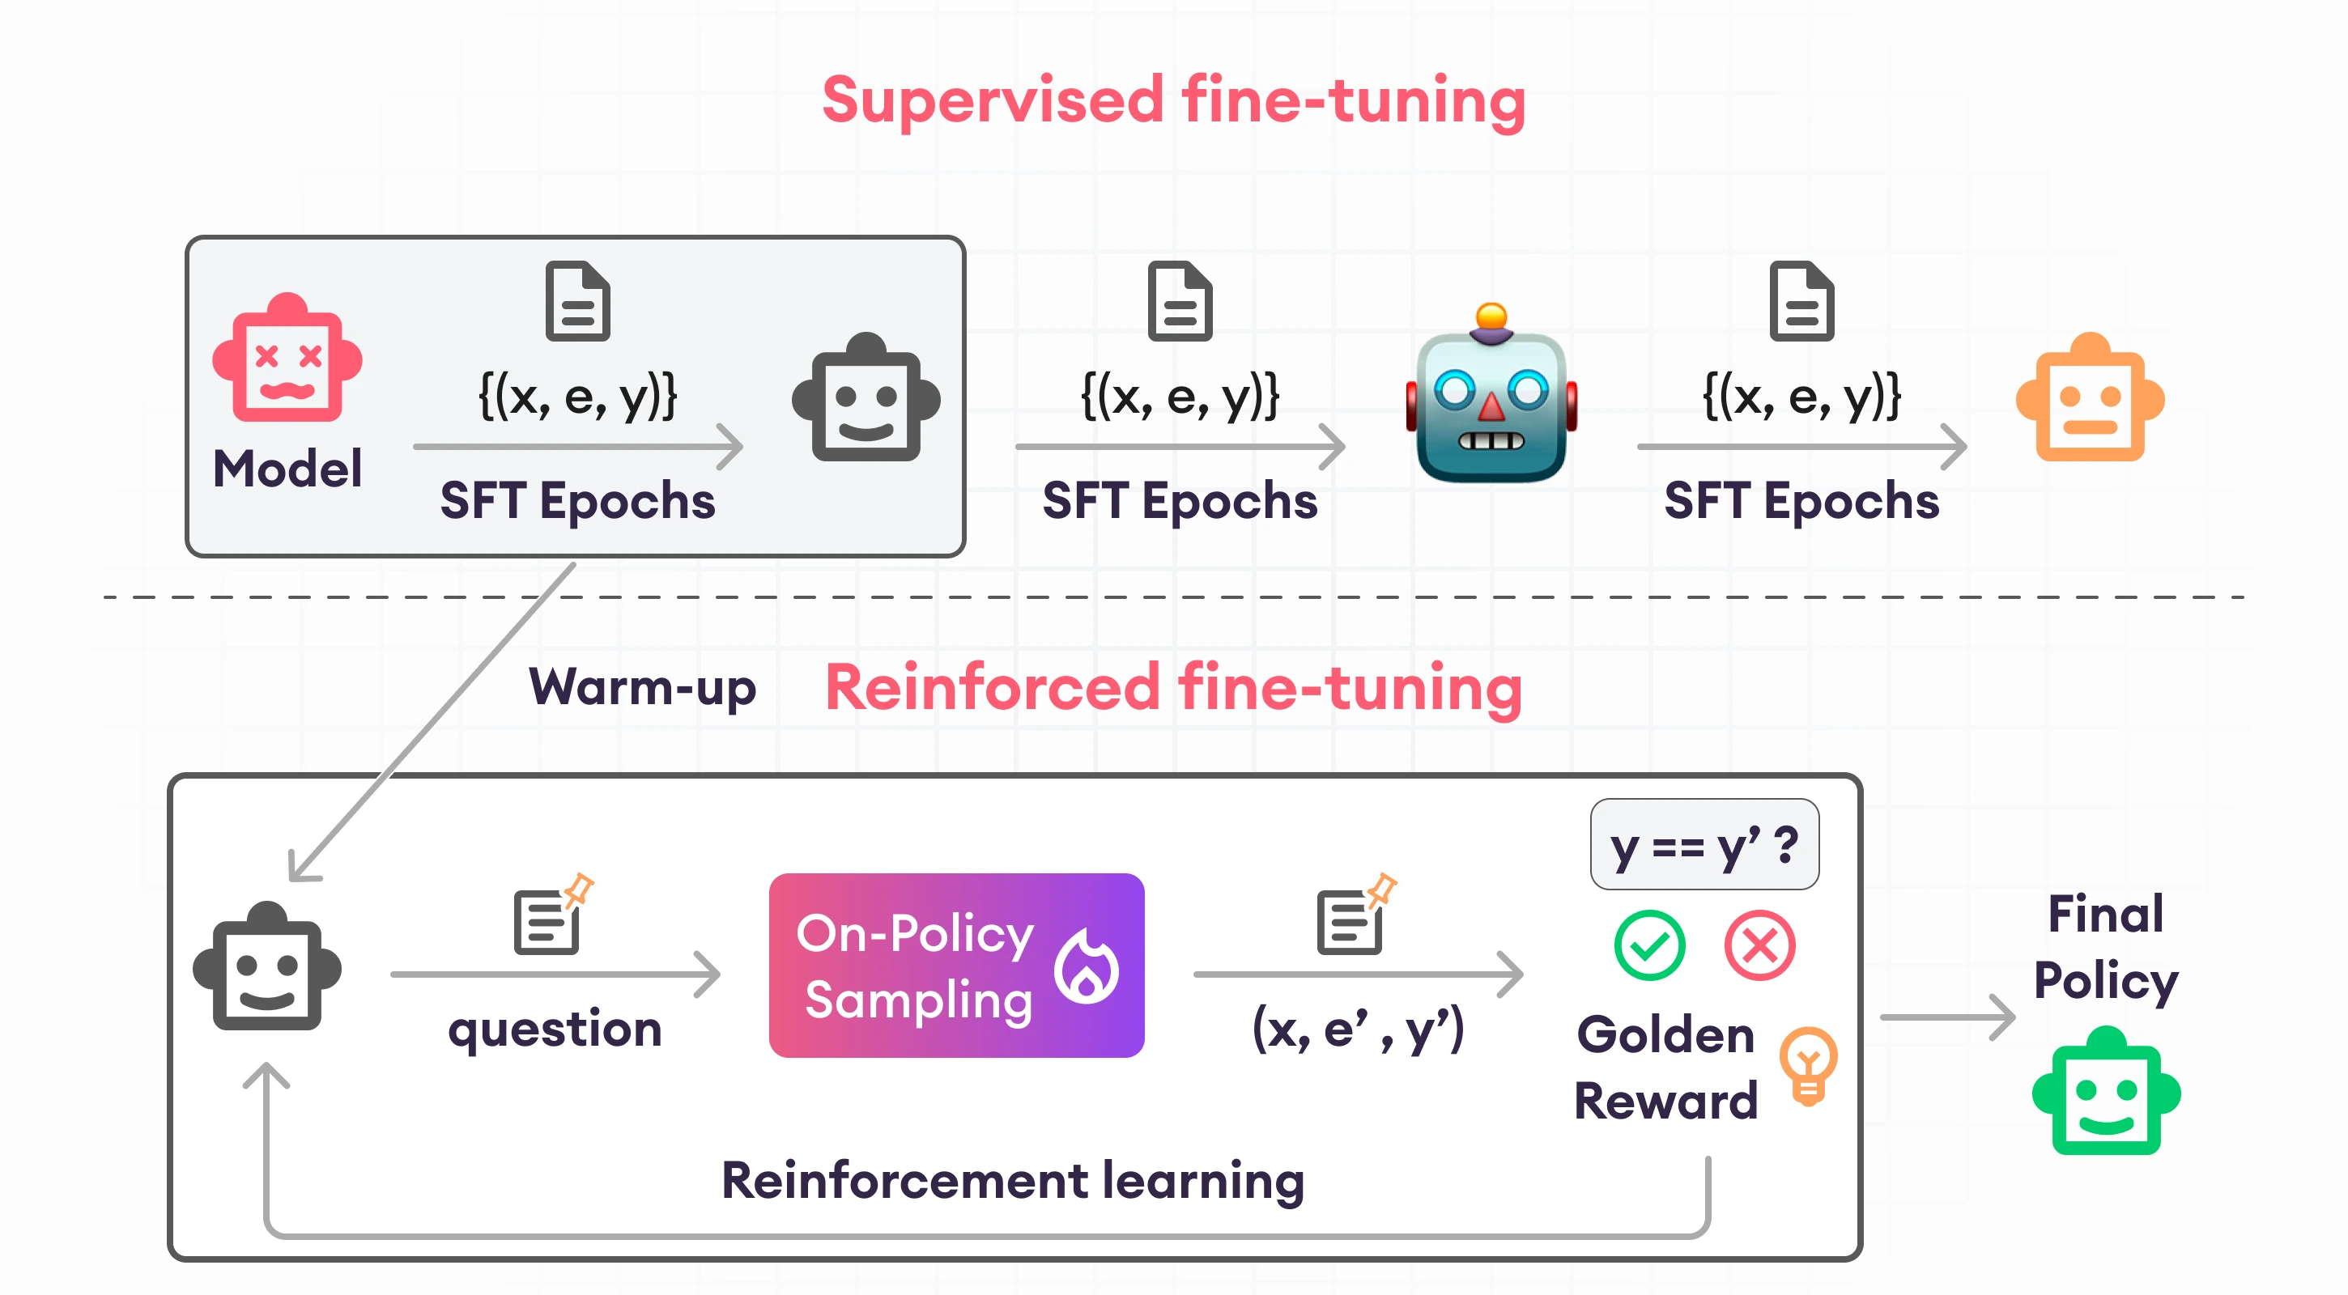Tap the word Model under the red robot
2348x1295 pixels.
pos(287,469)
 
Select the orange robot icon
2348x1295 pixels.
pos(2089,398)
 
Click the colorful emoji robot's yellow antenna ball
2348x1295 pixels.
pos(1491,316)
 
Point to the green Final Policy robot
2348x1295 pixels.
pos(2106,1091)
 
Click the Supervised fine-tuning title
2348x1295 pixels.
pos(1173,100)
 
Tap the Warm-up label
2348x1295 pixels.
pos(643,687)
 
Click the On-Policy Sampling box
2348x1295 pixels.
pos(955,965)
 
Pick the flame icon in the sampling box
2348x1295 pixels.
pos(1087,967)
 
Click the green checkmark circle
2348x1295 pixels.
pos(1649,945)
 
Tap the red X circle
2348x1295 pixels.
pos(1759,945)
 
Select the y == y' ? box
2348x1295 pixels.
pos(1704,845)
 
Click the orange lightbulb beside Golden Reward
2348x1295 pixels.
pos(1809,1064)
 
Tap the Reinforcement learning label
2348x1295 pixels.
pos(1012,1180)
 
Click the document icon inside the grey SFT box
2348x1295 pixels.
pos(577,302)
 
